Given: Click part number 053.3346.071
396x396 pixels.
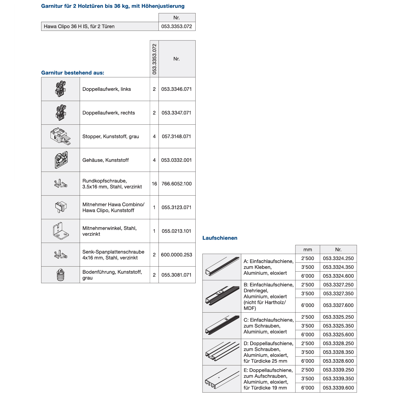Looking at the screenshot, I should (x=177, y=89).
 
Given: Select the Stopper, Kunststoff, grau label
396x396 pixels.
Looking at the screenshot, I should (x=110, y=137).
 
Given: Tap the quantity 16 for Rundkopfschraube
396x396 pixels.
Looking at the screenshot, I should (x=154, y=184).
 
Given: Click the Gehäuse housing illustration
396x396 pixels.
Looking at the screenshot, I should (x=61, y=160).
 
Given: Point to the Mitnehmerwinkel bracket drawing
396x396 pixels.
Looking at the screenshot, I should (x=61, y=231).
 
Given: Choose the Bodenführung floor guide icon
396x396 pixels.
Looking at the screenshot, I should (x=61, y=275).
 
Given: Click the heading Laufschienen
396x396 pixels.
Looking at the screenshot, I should (x=220, y=238).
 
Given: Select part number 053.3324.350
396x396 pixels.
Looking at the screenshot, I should (x=338, y=267).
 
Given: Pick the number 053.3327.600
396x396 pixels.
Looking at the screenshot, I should (x=338, y=305).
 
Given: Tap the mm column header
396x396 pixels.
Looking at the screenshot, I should (x=308, y=250).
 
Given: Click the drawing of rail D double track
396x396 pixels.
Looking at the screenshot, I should (x=222, y=352).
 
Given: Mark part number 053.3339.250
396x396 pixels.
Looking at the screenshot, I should (x=338, y=370).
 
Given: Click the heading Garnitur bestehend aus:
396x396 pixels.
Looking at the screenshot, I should (x=73, y=73).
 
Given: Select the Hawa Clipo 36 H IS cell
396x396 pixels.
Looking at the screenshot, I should (x=100, y=26).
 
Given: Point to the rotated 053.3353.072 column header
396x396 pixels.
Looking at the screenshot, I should (x=154, y=59).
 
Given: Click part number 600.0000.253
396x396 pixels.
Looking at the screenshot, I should (x=177, y=255).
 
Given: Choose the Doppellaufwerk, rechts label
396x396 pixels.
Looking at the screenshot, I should (x=109, y=113).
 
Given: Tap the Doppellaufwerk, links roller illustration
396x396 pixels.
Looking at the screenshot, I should (x=61, y=89).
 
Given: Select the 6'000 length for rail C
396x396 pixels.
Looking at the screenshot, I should (x=308, y=335).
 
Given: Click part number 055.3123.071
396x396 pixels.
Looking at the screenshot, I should (x=177, y=207).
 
